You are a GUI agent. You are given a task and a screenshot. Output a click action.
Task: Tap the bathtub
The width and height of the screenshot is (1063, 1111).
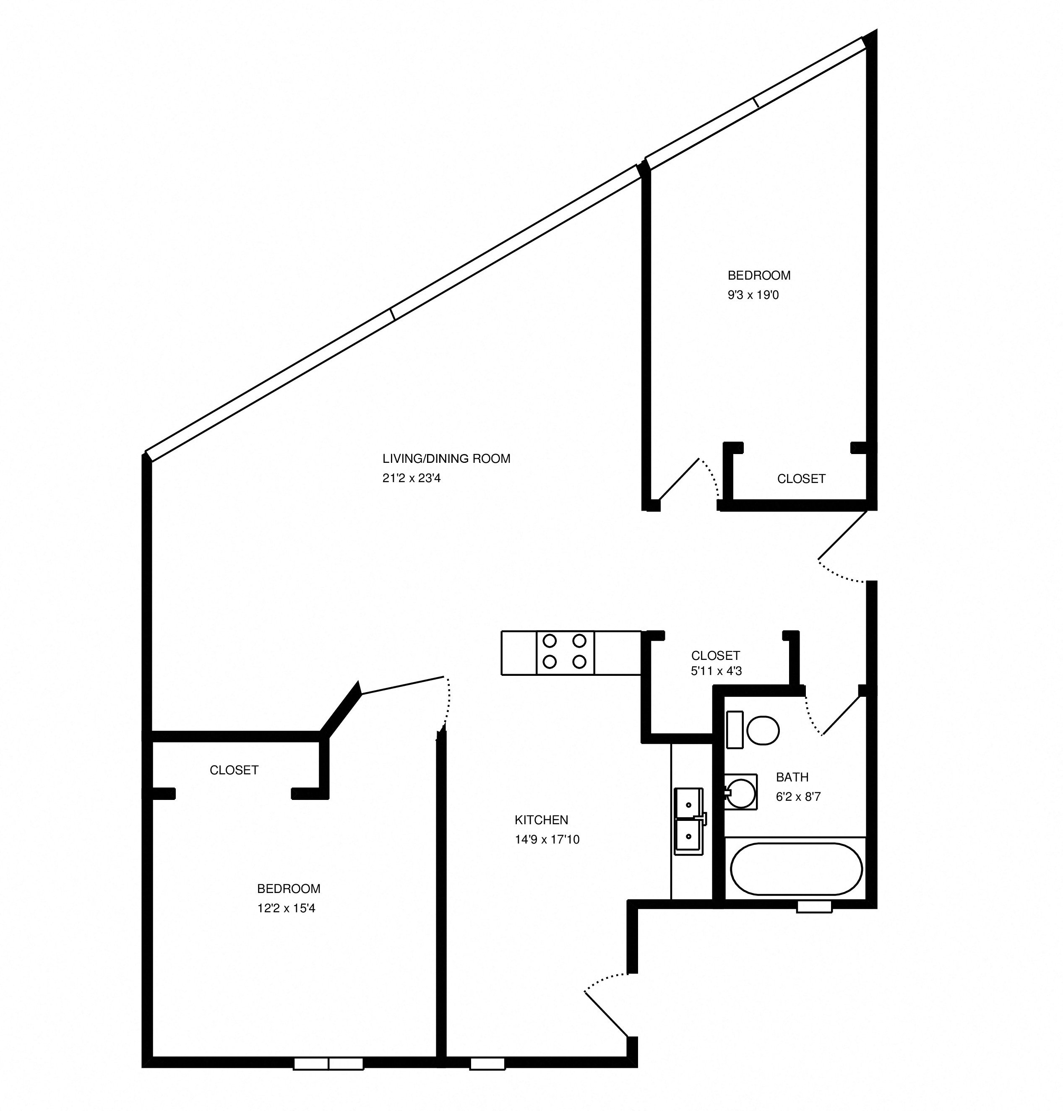[x=796, y=869]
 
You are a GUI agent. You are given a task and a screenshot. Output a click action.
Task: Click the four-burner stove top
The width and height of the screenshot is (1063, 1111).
[x=565, y=652]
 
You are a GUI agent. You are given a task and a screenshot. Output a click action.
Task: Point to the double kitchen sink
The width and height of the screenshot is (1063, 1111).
[x=688, y=820]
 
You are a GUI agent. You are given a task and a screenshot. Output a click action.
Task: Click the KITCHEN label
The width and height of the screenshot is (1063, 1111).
[x=541, y=819]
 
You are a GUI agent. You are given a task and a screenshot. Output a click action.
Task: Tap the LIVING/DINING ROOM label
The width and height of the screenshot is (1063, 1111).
[x=446, y=459]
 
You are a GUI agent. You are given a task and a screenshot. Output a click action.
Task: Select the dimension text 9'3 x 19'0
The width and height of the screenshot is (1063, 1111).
[x=753, y=295]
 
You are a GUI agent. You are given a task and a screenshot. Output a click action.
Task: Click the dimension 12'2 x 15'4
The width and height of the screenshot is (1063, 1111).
[x=286, y=908]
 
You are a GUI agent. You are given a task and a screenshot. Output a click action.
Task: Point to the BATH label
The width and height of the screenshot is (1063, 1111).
[x=792, y=777]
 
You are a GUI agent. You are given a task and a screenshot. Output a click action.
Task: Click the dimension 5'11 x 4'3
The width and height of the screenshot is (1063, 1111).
[x=716, y=671]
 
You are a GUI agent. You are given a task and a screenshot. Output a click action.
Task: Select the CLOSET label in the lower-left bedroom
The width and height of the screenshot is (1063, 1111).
[x=234, y=770]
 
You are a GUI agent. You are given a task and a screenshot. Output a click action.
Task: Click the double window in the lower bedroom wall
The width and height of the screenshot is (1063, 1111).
[x=328, y=1064]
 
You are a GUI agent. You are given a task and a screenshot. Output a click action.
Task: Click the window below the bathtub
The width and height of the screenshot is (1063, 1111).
[x=814, y=906]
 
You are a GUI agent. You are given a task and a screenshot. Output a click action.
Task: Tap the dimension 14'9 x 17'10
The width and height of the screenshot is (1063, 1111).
[x=547, y=839]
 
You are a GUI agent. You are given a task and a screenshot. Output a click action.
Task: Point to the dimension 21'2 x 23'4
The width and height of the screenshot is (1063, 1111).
[x=412, y=478]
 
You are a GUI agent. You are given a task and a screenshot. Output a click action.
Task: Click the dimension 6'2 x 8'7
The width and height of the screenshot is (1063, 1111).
[x=798, y=797]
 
